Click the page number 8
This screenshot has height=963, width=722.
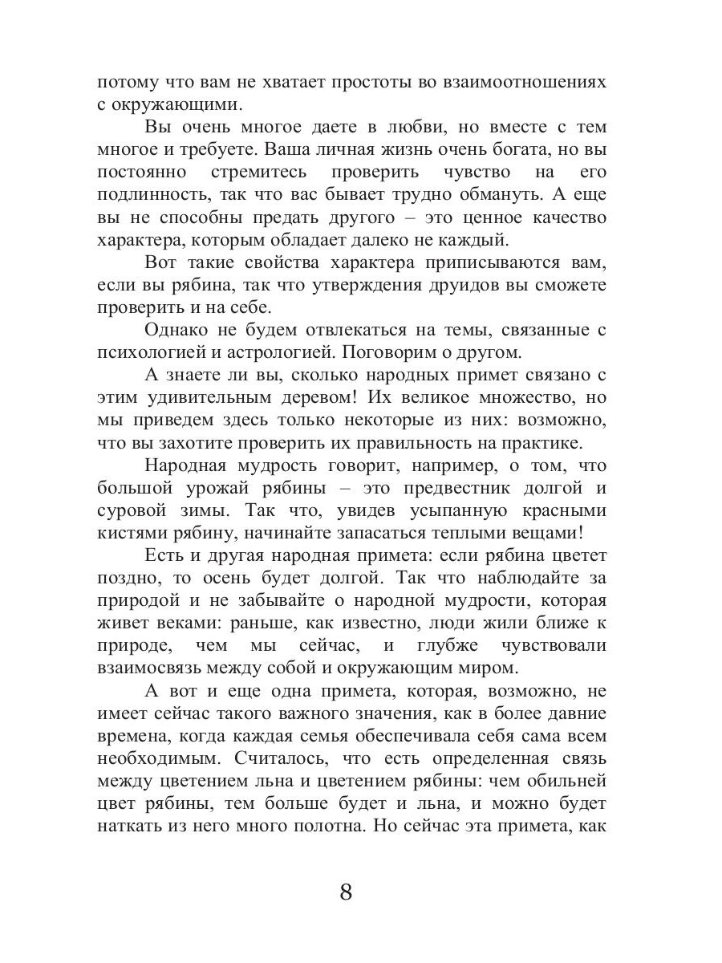tap(346, 892)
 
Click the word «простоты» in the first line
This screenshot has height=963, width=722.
tap(348, 83)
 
